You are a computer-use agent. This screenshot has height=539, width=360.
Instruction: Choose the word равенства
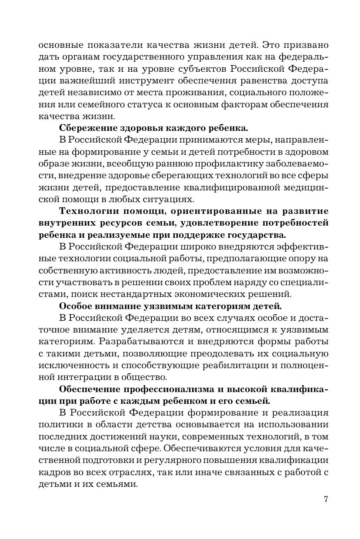click(264, 81)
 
